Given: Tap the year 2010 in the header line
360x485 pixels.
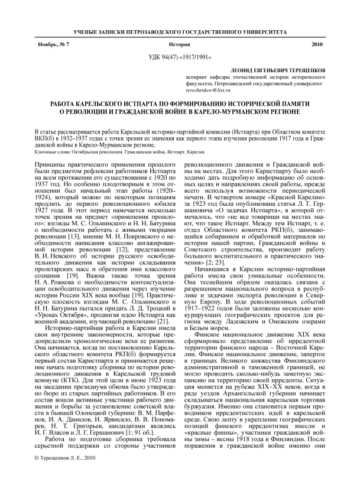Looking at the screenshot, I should point(317,44).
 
